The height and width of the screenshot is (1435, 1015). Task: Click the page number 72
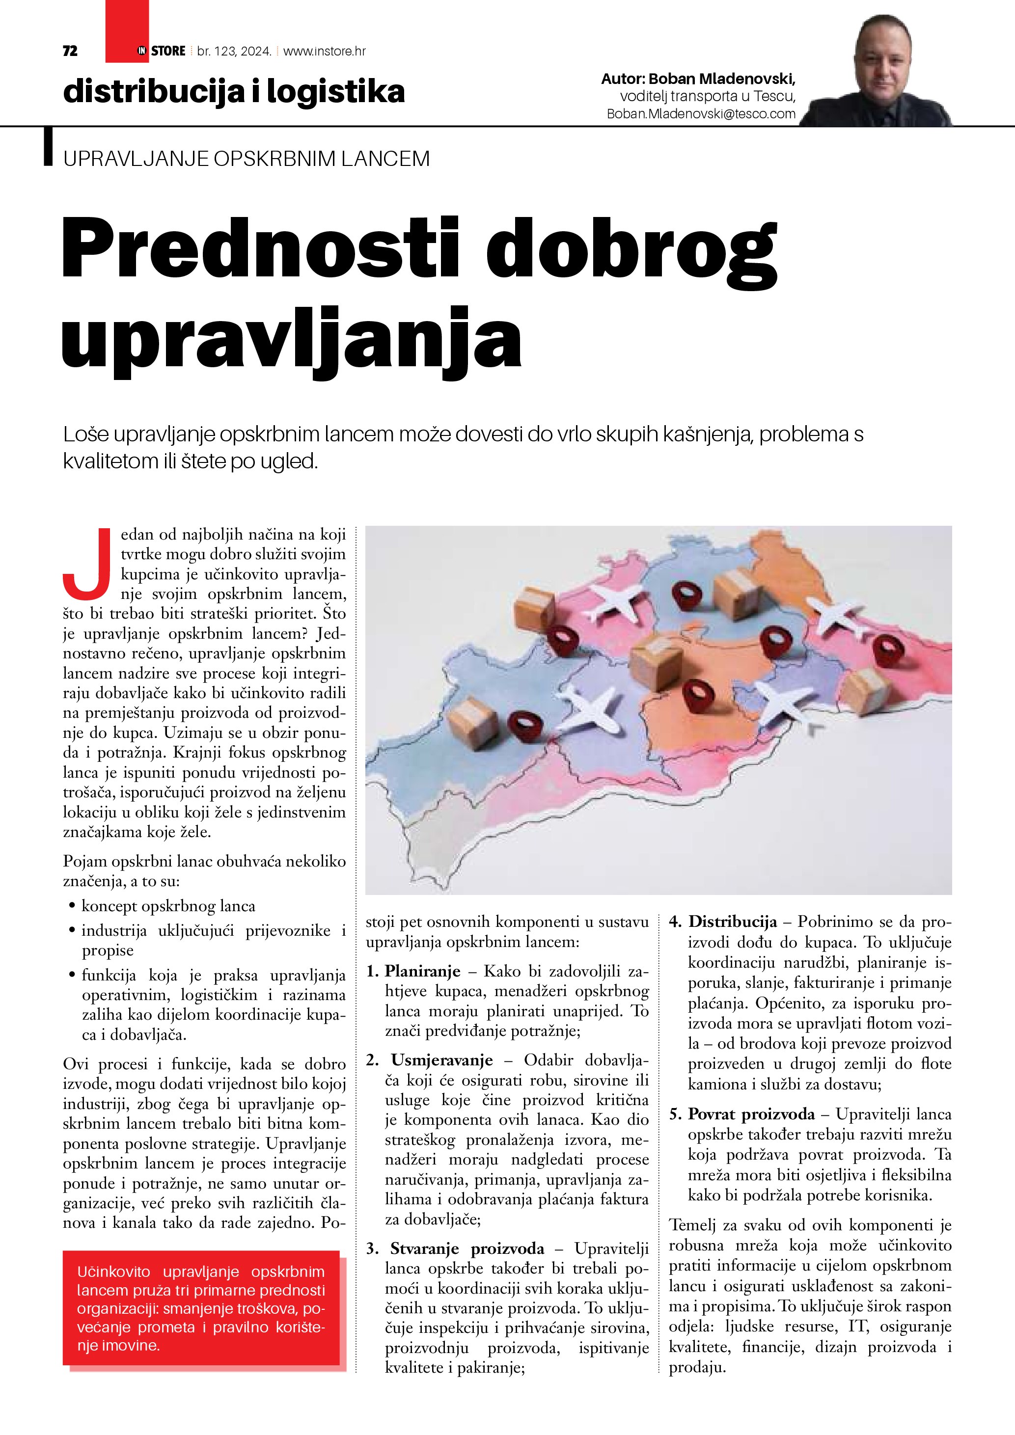70,51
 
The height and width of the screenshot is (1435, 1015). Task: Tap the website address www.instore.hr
325,51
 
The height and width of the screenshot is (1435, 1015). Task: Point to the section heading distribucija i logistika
234,91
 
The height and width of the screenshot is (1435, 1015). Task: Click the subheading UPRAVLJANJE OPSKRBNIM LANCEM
246,159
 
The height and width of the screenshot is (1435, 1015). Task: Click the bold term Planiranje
422,971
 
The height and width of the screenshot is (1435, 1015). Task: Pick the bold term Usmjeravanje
442,1060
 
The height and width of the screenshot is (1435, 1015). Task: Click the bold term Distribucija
733,921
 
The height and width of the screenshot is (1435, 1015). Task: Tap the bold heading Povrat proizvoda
751,1114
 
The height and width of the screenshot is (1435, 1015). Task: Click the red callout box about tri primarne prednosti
201,1308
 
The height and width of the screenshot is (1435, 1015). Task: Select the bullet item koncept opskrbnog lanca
168,906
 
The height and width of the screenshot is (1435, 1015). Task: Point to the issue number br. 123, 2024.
234,51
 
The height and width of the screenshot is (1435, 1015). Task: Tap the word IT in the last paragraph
856,1326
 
